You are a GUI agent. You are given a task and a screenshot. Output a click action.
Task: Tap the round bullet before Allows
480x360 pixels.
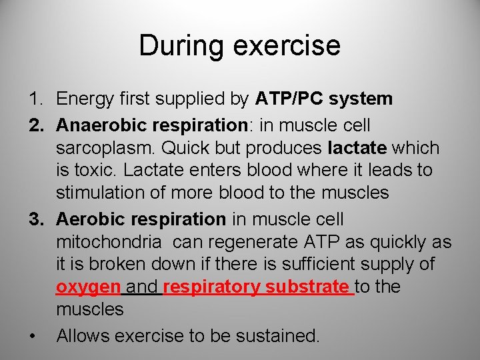pos(33,335)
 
